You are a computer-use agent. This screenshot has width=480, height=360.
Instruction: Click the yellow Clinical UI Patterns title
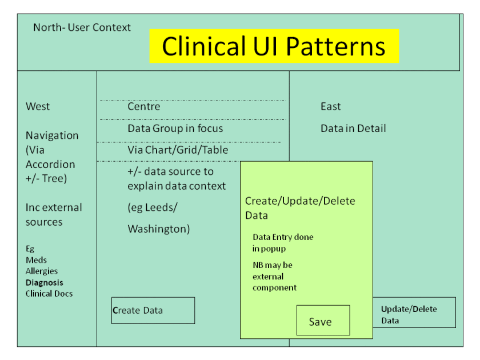pos(274,46)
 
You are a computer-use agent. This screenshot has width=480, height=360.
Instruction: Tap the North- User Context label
pos(82,27)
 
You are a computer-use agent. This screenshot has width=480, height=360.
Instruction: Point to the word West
pos(38,106)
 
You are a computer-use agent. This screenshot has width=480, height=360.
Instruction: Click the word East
pos(330,106)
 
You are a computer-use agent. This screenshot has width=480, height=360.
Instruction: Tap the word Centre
pos(144,107)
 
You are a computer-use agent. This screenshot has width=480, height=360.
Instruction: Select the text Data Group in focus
pos(175,129)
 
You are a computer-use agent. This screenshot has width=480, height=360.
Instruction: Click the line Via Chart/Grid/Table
pos(178,150)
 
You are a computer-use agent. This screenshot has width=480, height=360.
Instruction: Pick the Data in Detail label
pos(353,129)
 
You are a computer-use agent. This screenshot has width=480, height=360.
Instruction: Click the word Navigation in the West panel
pos(52,135)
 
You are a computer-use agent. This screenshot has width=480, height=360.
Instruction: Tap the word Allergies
pos(42,271)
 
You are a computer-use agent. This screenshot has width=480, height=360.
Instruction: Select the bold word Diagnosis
pos(45,282)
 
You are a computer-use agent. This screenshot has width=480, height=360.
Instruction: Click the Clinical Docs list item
pos(49,294)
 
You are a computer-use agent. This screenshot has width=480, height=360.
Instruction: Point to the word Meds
pos(36,260)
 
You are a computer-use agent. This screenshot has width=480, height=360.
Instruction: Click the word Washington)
pos(158,229)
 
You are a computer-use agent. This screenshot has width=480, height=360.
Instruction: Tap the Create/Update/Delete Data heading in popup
pos(300,208)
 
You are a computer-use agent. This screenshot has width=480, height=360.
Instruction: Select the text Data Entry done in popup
pos(283,242)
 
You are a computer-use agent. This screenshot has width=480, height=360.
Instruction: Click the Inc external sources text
pos(54,214)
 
